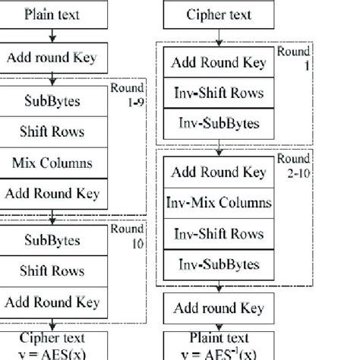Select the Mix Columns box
coord(52,163)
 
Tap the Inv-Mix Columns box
coord(219,203)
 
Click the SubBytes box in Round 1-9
coord(52,100)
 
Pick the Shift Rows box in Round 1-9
coord(52,131)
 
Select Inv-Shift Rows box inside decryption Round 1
coord(219,93)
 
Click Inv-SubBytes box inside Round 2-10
coord(219,265)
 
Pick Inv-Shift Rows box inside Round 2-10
coord(219,234)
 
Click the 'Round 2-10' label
coord(293,165)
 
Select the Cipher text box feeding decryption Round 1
coord(219,14)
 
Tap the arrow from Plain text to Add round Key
coord(51,35)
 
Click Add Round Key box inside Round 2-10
coord(219,172)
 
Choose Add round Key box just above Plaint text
coord(219,308)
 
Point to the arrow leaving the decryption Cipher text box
coord(219,35)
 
